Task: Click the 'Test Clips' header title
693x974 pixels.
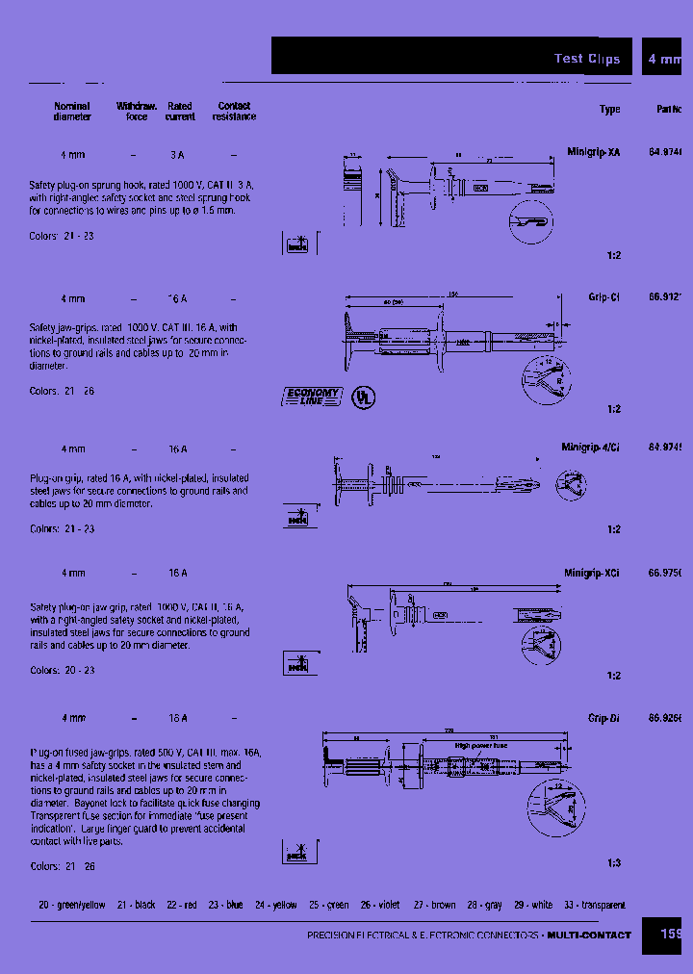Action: (x=586, y=59)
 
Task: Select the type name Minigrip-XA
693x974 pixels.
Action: (x=593, y=153)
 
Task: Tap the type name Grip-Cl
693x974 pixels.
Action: (x=603, y=298)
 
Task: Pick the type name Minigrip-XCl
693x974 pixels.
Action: (x=591, y=573)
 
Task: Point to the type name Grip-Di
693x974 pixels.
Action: (x=603, y=718)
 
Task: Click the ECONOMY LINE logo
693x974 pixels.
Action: (x=312, y=397)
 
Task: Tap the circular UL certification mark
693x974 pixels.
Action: (x=363, y=397)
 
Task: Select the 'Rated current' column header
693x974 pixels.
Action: (x=180, y=112)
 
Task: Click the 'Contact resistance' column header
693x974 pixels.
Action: (x=234, y=112)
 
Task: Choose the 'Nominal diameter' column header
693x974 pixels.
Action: (x=72, y=112)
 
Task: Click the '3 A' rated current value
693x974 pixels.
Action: (x=177, y=155)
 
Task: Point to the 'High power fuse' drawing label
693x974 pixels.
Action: (x=481, y=745)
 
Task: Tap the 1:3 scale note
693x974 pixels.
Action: (x=614, y=863)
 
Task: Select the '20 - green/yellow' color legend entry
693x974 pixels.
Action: (x=70, y=906)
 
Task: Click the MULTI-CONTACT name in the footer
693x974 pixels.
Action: (x=589, y=936)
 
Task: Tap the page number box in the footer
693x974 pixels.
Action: (x=670, y=935)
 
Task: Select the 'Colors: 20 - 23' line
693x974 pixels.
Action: (x=63, y=670)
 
